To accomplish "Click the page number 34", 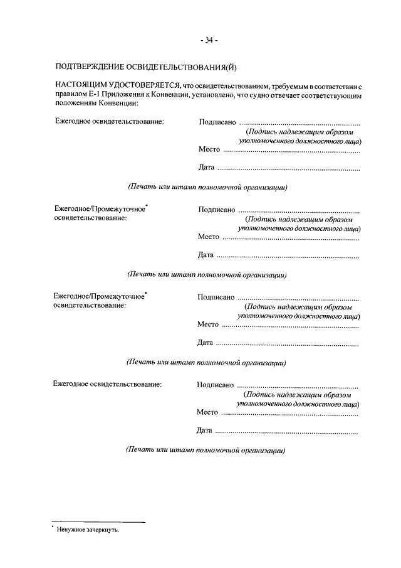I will coord(209,41).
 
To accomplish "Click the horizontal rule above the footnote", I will coord(98,522).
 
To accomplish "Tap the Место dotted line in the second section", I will coord(291,237).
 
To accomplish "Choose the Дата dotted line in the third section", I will coord(288,343).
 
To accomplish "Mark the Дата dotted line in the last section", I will coord(287,431).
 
